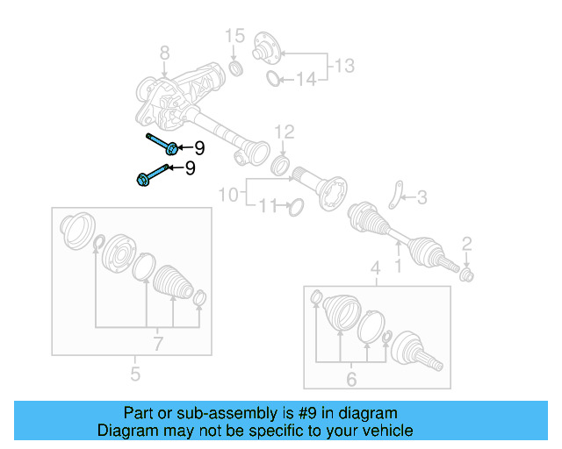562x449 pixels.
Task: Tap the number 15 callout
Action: click(234, 36)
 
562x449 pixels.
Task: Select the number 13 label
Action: click(344, 65)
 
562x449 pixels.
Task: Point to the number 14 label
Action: click(305, 81)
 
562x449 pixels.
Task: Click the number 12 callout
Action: click(284, 132)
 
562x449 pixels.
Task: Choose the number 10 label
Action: click(228, 193)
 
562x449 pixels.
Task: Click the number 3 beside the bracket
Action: click(421, 198)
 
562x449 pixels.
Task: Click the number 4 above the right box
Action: click(375, 267)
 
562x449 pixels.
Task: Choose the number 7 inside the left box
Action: click(158, 345)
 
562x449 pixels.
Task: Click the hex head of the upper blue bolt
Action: click(172, 146)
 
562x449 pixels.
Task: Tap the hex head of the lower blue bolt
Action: click(142, 180)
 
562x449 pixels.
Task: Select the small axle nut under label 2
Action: click(467, 276)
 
